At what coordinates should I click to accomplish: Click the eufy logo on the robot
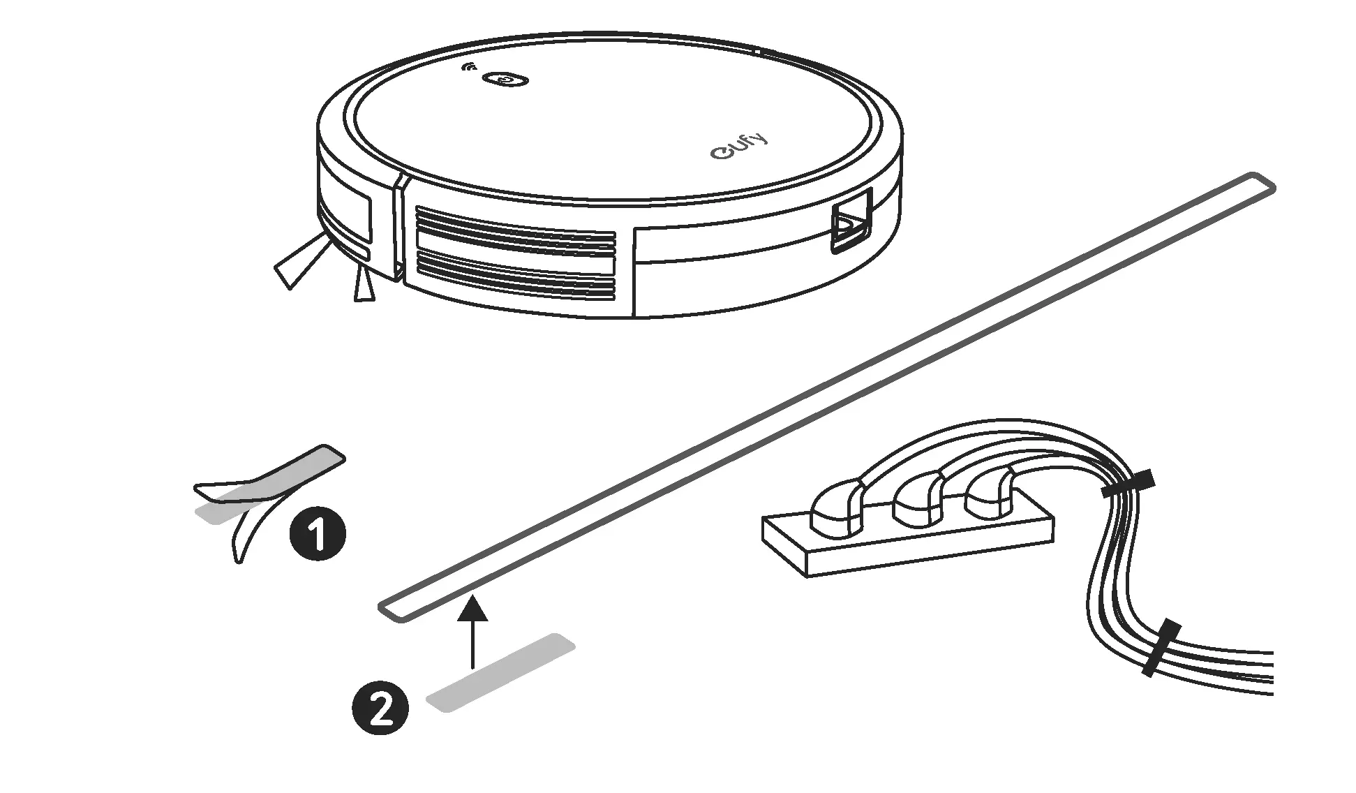[x=740, y=145]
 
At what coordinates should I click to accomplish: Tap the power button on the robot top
[x=505, y=80]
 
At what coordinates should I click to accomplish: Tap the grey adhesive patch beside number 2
[x=500, y=673]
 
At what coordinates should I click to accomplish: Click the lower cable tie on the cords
[x=1161, y=647]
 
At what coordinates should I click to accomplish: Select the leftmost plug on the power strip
[x=837, y=505]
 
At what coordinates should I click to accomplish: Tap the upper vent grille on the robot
[x=515, y=228]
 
